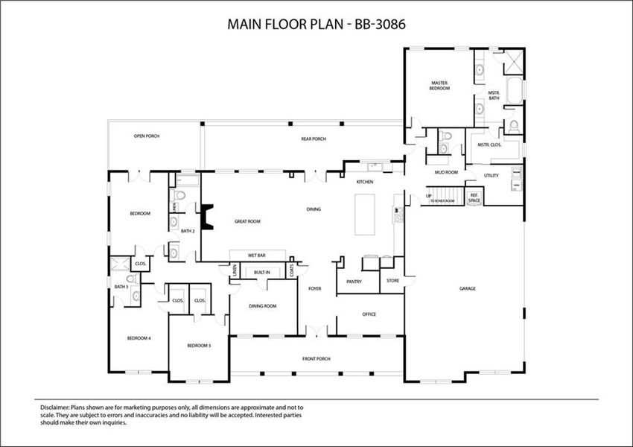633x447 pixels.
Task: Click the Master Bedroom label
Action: click(x=440, y=85)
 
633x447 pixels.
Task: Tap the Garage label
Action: click(x=467, y=288)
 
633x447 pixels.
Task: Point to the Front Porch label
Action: click(x=316, y=358)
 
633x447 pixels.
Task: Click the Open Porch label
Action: click(x=147, y=136)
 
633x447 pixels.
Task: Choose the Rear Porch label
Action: click(x=314, y=139)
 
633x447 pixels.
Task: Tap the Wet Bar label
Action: click(x=257, y=256)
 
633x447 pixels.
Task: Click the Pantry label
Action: click(x=354, y=282)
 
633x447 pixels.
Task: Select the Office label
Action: click(x=369, y=314)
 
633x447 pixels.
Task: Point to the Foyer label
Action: click(x=315, y=288)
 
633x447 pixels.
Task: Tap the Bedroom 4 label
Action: click(x=139, y=338)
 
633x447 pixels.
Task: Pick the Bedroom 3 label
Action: click(x=199, y=346)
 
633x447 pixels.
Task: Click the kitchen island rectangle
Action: click(x=366, y=215)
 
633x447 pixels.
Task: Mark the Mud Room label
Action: click(x=446, y=172)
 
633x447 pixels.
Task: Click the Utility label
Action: click(x=491, y=176)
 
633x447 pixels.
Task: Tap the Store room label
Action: click(x=392, y=281)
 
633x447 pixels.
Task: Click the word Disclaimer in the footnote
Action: click(x=54, y=408)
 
